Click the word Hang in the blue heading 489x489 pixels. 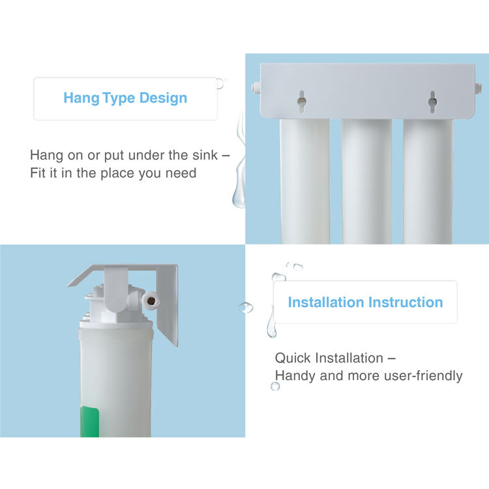coord(81,98)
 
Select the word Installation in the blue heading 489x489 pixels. coord(326,302)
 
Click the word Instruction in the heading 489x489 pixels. coord(406,302)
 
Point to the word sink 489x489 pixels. coord(205,155)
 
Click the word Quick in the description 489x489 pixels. coord(293,358)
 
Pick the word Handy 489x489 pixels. coord(295,376)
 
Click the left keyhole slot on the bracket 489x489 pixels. coord(302,101)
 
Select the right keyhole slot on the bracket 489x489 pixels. coord(432,102)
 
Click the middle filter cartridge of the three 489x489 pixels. coord(366,181)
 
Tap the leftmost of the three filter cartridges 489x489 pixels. coord(304,181)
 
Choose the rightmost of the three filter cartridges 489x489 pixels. coord(428,181)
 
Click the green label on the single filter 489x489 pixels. coord(89,421)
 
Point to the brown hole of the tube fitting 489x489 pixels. coord(151,301)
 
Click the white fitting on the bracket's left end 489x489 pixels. coord(256,89)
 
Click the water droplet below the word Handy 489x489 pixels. coord(275,387)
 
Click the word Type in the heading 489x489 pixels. coord(119,98)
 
